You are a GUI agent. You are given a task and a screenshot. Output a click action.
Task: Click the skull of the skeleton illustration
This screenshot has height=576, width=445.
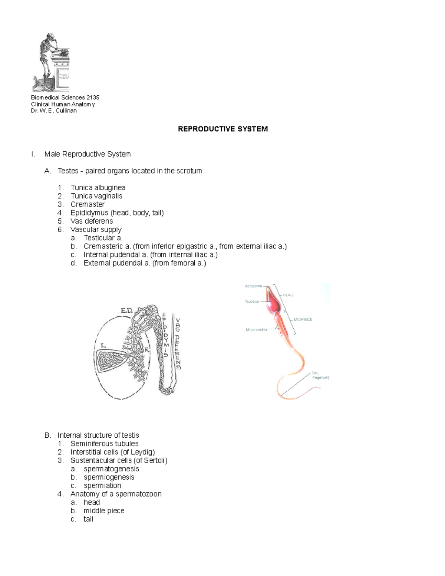[47, 37]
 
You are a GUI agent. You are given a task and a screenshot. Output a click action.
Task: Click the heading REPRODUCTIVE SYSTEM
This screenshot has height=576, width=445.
[222, 129]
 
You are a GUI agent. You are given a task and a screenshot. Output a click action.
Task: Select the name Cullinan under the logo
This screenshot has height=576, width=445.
[66, 111]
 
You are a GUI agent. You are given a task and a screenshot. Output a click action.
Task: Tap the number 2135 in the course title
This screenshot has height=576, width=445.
[93, 98]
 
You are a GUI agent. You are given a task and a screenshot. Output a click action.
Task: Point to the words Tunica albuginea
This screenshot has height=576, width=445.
[98, 188]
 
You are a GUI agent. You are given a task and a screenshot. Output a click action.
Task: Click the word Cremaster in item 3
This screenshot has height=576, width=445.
[88, 204]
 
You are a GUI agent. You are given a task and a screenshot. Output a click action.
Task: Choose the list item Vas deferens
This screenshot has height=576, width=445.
[92, 221]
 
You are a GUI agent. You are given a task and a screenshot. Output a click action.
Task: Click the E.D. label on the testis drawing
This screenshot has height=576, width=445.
[126, 311]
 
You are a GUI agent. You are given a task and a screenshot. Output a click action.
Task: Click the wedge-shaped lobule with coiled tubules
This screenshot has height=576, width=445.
[111, 361]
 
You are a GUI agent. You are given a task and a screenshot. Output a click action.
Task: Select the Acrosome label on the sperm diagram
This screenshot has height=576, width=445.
[254, 286]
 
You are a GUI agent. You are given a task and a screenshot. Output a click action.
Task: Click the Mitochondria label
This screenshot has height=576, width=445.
[256, 329]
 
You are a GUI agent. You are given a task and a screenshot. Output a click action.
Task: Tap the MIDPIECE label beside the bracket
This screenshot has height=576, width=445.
[303, 319]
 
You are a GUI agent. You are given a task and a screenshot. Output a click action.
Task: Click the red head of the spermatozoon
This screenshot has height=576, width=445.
[273, 302]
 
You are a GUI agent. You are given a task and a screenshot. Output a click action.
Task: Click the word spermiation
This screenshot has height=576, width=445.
[102, 486]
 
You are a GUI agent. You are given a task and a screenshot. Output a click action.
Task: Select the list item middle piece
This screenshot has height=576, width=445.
[104, 511]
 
